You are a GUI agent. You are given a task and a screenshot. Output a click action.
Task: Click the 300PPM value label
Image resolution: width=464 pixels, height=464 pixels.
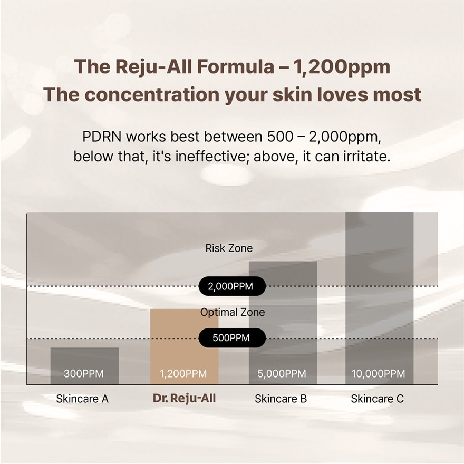pyautogui.click(x=84, y=374)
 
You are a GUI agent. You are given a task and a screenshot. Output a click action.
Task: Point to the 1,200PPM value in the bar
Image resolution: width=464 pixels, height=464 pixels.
pyautogui.click(x=183, y=374)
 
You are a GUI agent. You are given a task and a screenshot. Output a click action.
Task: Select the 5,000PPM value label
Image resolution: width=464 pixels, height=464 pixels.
pyautogui.click(x=282, y=374)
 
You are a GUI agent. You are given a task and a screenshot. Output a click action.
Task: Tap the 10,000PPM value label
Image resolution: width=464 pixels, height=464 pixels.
pyautogui.click(x=379, y=374)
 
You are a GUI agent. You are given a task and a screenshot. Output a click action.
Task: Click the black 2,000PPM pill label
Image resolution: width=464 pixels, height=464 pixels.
pyautogui.click(x=231, y=287)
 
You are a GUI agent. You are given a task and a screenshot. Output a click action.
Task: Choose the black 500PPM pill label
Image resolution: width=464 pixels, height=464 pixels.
pyautogui.click(x=231, y=338)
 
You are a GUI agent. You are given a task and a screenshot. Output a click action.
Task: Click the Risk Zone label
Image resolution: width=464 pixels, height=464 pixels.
pyautogui.click(x=229, y=248)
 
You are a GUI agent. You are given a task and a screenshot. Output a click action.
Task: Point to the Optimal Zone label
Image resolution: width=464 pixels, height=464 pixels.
pyautogui.click(x=233, y=312)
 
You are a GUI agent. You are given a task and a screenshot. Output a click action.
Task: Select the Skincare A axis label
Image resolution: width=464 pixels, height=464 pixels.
pyautogui.click(x=82, y=399)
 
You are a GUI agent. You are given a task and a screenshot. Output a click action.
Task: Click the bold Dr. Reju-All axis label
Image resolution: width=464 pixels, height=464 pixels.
pyautogui.click(x=185, y=399)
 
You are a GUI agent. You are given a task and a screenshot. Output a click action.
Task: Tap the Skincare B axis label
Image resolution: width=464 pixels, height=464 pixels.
pyautogui.click(x=281, y=399)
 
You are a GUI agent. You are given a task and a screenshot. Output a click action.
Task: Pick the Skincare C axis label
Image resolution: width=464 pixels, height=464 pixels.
pyautogui.click(x=378, y=399)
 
